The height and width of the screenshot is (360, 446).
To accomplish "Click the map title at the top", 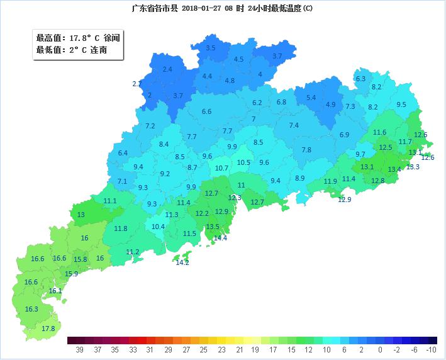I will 222,8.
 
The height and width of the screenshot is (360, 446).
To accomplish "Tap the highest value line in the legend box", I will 77,38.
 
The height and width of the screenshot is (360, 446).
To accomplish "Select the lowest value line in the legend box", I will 71,50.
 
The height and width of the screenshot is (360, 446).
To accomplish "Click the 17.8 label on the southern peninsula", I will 48,329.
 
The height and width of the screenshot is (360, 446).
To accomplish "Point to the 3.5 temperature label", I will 211,48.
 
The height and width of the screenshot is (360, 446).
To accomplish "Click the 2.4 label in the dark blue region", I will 167,69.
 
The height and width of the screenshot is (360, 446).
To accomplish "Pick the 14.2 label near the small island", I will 182,262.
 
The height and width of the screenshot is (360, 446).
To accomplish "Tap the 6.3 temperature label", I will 360,79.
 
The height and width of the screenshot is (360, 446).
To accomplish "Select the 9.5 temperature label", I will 401,104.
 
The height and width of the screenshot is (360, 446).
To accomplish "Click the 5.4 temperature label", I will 311,98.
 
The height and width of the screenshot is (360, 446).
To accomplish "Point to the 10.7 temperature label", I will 221,168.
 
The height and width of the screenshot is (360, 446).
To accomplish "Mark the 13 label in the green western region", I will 81,215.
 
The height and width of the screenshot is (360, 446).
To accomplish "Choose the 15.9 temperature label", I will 72,274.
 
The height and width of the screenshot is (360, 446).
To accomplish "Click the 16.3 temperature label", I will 31,309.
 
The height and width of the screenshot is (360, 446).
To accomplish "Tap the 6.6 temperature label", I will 206,111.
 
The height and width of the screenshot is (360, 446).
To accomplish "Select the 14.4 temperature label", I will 220,238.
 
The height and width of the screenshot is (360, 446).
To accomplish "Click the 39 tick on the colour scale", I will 79,349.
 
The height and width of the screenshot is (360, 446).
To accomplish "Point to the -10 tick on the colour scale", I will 431,349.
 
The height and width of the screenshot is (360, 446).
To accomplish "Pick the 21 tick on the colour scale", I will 239,349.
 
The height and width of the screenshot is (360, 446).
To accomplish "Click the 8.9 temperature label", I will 299,178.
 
